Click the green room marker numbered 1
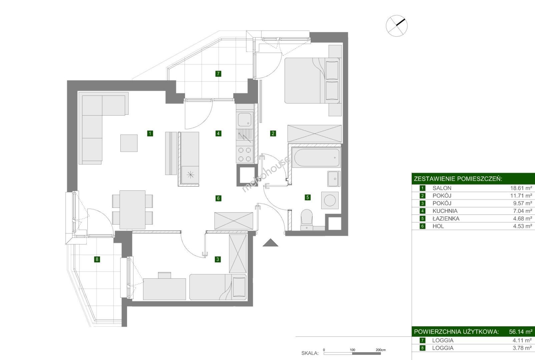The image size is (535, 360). coord(150,133)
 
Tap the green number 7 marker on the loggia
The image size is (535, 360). coord(218,74)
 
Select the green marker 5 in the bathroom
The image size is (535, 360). coord(308,197)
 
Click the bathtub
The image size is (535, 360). coord(317,158)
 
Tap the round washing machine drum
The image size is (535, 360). coord(330,200)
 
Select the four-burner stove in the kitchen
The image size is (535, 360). coord(245,154)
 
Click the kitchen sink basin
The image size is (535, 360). coord(245,120)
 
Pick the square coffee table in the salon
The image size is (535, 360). coord(129,143)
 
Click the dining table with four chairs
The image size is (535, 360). coord(132,210)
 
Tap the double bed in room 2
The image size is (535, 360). coord(313,81)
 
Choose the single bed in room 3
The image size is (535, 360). coord(218,287)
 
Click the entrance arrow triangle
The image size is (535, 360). coord(271,243)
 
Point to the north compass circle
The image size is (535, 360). coord(397,26)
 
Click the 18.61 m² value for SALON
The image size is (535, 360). coord(521,188)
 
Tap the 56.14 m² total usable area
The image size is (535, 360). coord(521,332)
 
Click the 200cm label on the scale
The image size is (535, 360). coord(381,350)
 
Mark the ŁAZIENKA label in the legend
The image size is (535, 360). coord(446,218)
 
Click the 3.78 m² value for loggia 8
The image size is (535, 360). coord(522,348)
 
